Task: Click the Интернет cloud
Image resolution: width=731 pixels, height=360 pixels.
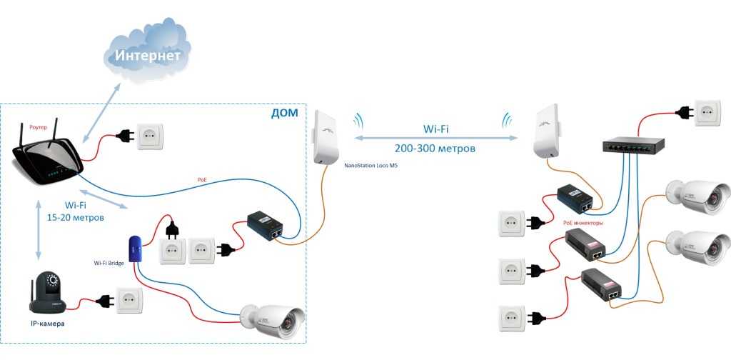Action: coord(148,54)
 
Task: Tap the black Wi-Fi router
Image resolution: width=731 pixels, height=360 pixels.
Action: coord(46,161)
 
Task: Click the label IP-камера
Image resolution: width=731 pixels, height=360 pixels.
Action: coord(47,324)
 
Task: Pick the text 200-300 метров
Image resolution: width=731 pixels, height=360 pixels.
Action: coord(435,149)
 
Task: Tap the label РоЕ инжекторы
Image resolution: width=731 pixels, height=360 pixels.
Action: coord(583,223)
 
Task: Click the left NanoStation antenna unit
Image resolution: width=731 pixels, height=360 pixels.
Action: coord(325,138)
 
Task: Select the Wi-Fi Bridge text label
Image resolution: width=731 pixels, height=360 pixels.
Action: coord(109,263)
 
